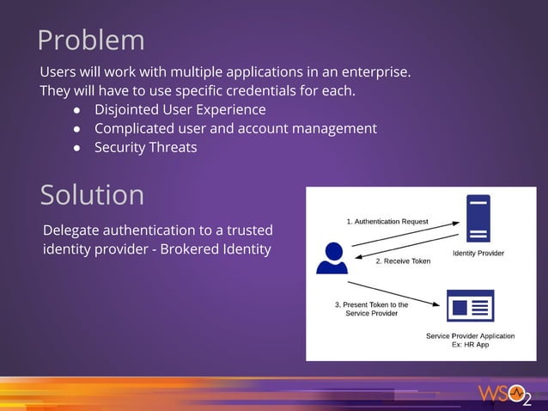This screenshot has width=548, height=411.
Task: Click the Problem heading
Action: point(90,40)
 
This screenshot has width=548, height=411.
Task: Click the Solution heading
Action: point(92,195)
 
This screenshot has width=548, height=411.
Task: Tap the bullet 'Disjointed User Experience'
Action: point(180,110)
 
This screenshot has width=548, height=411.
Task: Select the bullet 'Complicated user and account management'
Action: point(235,129)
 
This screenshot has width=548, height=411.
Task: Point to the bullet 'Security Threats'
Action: point(145,147)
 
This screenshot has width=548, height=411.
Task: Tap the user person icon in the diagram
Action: point(332,258)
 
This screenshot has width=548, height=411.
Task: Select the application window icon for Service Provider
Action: point(470,306)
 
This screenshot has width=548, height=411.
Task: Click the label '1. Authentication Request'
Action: point(387,221)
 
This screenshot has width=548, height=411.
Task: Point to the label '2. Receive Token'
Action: point(403,261)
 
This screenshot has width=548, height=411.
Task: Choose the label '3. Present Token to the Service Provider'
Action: point(371,309)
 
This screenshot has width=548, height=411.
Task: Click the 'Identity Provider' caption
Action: point(478,253)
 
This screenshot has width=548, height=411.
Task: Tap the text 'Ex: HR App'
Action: point(470,344)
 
